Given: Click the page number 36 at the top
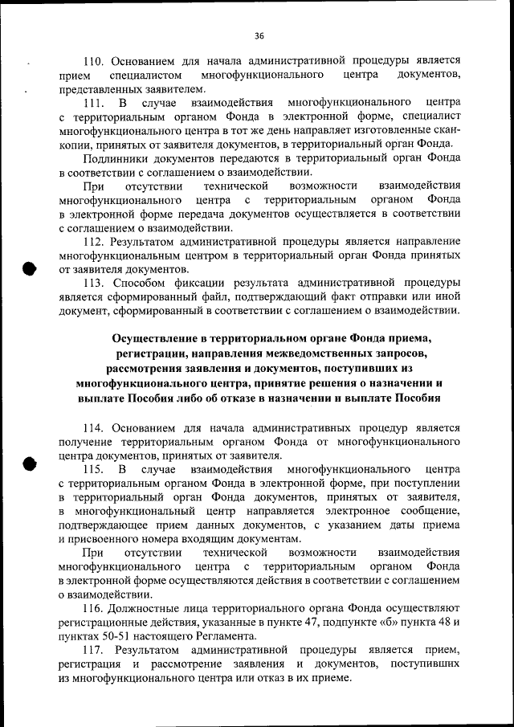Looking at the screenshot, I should click(x=259, y=35).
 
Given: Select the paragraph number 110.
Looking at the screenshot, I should click(x=96, y=60).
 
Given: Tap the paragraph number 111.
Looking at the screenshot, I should click(x=96, y=104).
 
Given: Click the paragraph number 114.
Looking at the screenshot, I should click(x=96, y=428).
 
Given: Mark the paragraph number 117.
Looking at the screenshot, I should click(x=96, y=649).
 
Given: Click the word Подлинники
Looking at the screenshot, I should click(x=116, y=157).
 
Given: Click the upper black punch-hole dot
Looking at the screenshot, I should click(x=27, y=268).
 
